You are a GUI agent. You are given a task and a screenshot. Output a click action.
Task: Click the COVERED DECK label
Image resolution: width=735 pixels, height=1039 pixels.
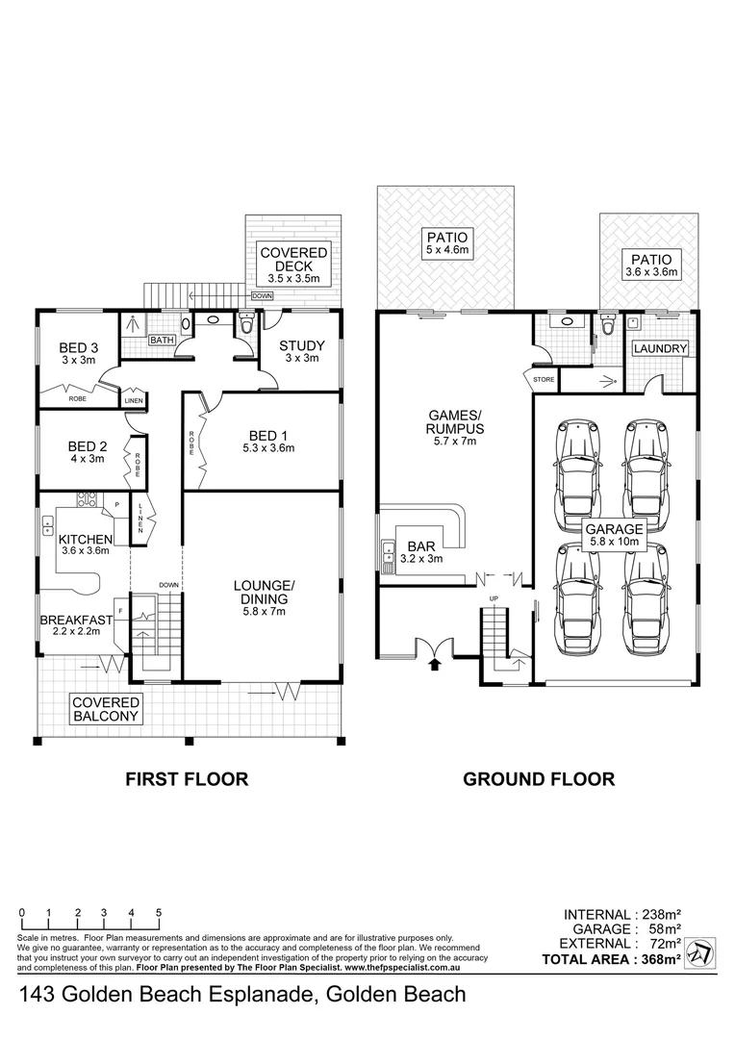coord(293,260)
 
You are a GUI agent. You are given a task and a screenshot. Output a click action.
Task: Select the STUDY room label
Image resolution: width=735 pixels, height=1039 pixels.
coord(301,346)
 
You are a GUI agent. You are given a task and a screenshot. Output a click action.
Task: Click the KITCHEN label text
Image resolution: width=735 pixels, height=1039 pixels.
coord(86,539)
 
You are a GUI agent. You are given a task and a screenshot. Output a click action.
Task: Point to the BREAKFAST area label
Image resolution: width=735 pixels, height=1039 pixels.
coord(76,621)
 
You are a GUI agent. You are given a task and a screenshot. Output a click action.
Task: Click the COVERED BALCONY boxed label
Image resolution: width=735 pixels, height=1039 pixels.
coord(107,710)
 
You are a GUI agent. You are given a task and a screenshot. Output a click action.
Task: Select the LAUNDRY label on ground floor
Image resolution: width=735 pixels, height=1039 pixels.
coord(660,348)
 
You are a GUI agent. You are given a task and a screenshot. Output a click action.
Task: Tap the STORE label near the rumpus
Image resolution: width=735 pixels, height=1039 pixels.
coord(545,380)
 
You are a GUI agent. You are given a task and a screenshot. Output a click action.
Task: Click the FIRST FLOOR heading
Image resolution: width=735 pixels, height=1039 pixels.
coord(188,779)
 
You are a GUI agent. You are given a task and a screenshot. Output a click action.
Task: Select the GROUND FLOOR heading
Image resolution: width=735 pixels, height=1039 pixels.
coord(539,779)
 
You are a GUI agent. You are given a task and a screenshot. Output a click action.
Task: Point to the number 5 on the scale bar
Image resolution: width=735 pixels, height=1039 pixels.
coord(158,912)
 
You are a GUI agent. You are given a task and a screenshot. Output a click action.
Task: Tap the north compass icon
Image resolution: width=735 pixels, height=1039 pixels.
coord(701,952)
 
